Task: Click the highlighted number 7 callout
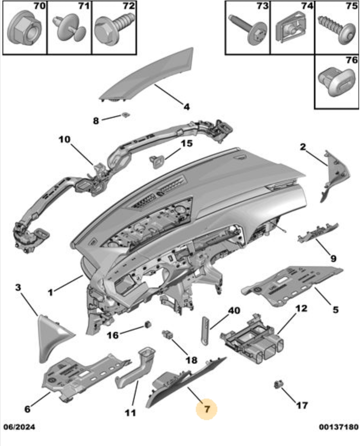207,409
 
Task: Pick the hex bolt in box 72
113,29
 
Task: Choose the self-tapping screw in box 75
338,29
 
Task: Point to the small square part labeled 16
149,324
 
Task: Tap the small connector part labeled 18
168,335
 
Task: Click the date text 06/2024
19,427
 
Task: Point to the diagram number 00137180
338,427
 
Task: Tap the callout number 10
64,140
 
